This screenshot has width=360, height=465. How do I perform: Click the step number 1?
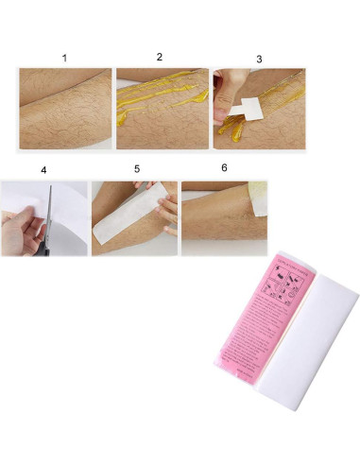[64, 58]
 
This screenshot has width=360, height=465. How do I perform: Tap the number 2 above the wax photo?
[160, 57]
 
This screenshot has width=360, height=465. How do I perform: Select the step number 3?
[259, 59]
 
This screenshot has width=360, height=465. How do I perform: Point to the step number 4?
[43, 171]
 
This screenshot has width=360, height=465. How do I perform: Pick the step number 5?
[137, 169]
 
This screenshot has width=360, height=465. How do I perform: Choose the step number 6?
[224, 167]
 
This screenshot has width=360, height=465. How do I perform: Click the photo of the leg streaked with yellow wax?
[161, 109]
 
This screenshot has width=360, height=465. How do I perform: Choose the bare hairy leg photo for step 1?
[65, 109]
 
